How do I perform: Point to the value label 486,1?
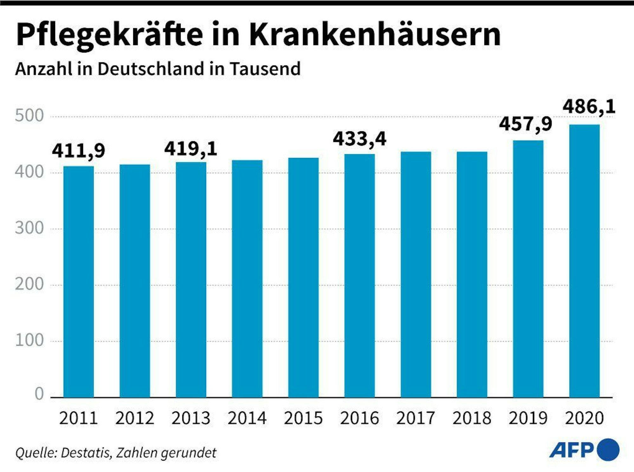pos(589,107)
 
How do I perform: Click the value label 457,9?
pos(526,124)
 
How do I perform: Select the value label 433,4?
pos(359,139)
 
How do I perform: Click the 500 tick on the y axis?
pos(29,116)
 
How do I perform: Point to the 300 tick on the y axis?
pos(29,228)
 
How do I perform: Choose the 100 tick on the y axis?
pos(29,341)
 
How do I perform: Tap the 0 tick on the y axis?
pos(39,394)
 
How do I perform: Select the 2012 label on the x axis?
pos(135,418)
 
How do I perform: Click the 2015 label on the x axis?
pos(303,418)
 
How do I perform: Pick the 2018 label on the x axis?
pos(472,418)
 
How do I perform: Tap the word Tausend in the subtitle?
pos(265,69)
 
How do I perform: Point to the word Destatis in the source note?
pos(86,453)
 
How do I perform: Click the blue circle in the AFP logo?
pos(608,450)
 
